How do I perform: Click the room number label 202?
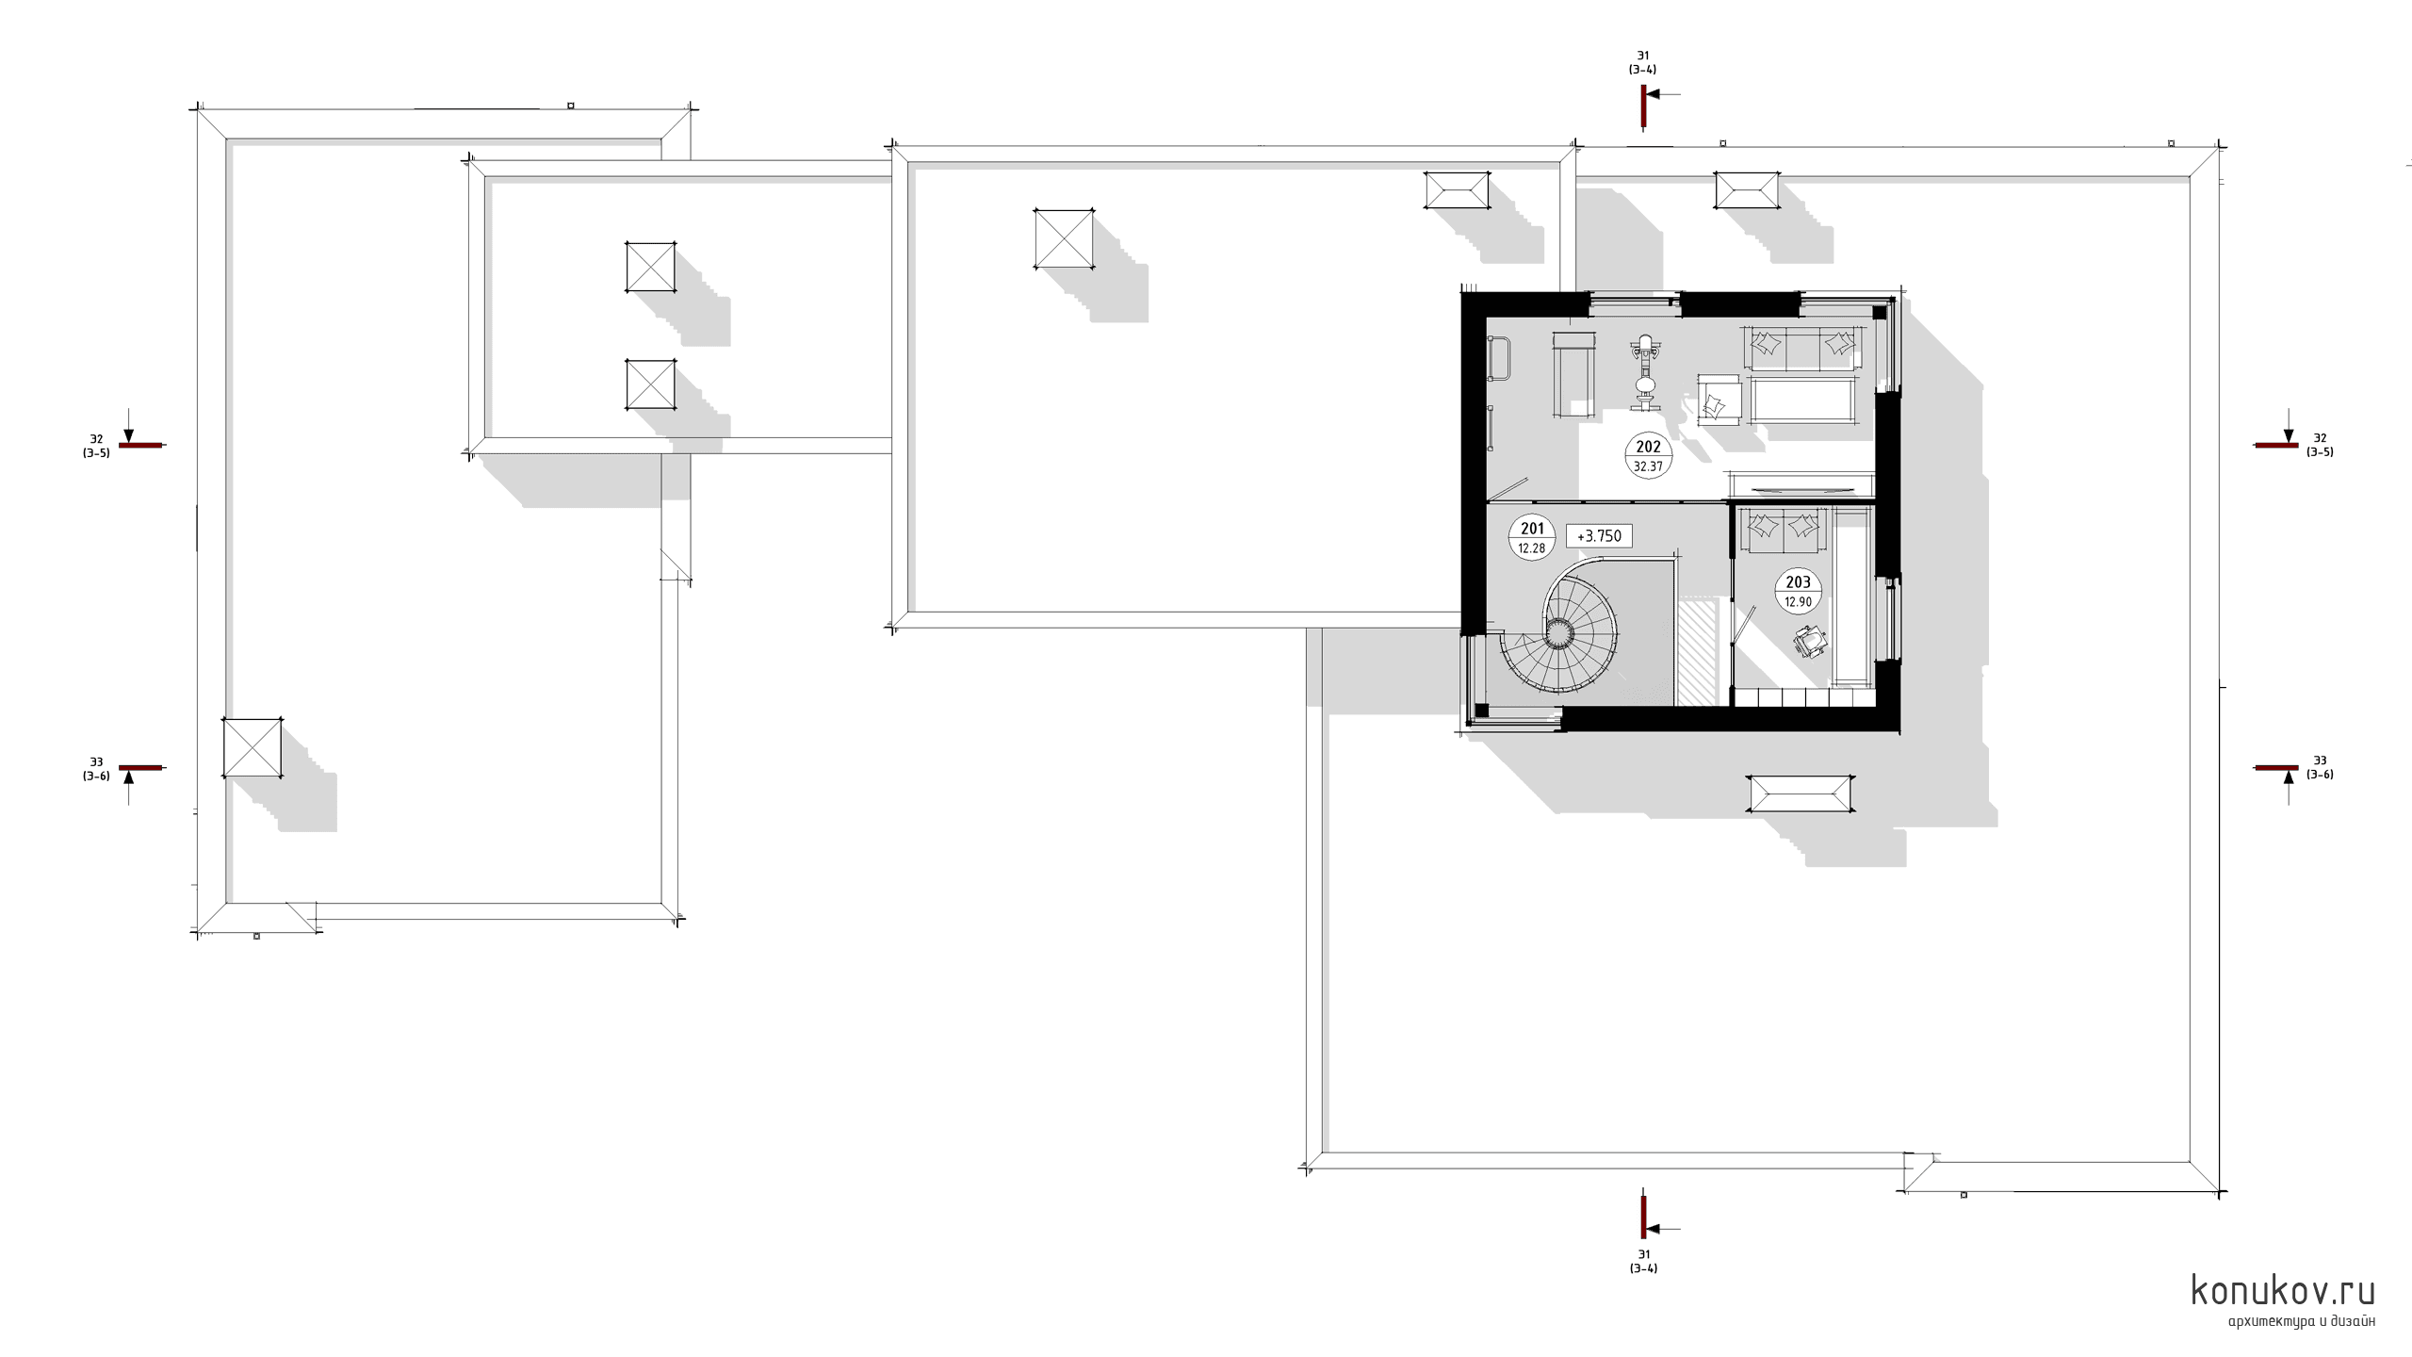[1648, 448]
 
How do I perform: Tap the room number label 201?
[1533, 529]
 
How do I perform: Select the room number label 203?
[1798, 582]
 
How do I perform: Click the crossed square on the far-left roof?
[253, 748]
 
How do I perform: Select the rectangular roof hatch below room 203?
[1801, 793]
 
